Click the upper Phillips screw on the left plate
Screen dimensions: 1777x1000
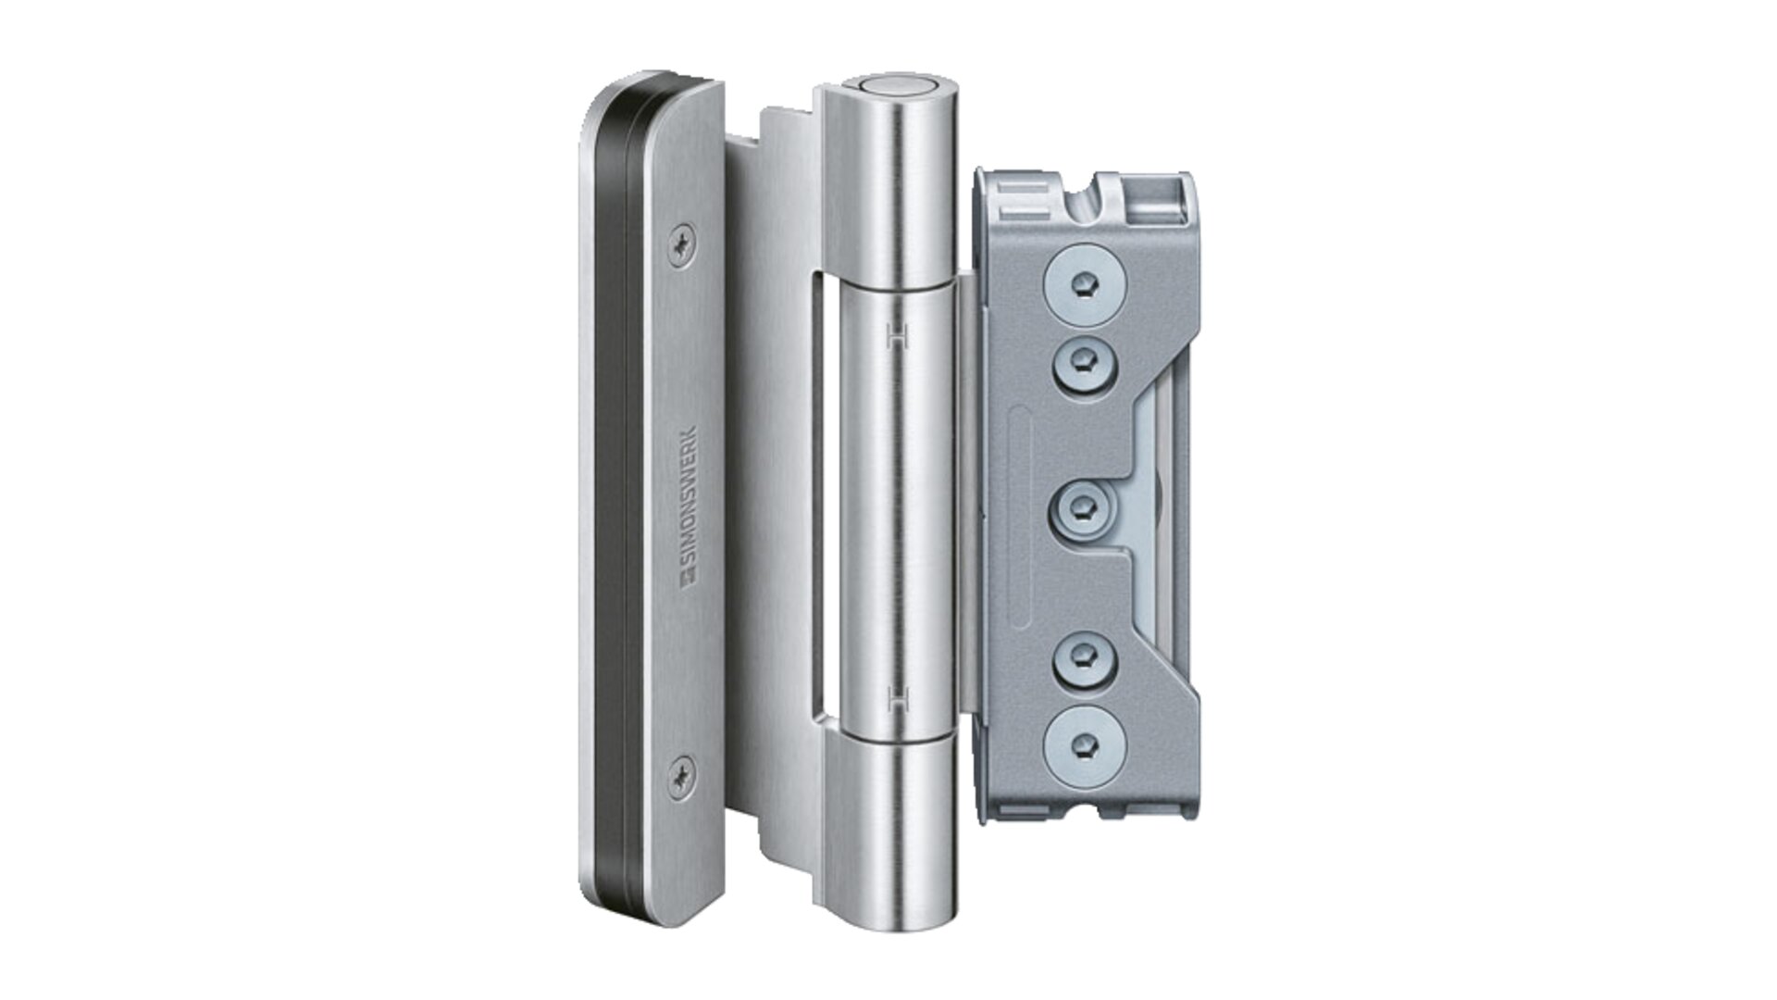pos(684,244)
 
